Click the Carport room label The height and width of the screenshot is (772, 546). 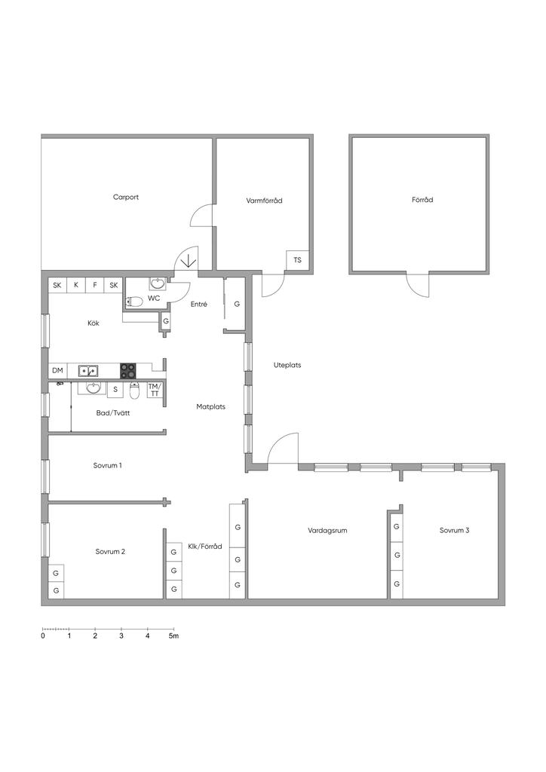[x=125, y=197]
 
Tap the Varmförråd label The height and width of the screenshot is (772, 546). [x=265, y=201]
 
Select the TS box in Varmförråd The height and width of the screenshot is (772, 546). [x=297, y=260]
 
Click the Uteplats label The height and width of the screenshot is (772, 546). [x=287, y=365]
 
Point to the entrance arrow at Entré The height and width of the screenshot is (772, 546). [x=188, y=259]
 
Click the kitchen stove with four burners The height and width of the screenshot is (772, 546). [x=128, y=370]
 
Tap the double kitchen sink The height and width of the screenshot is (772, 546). [x=88, y=370]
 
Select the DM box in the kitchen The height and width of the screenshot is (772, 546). [x=57, y=370]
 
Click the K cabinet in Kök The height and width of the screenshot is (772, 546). [x=76, y=285]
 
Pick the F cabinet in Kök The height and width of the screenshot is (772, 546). [x=94, y=285]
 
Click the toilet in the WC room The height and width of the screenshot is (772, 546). [x=134, y=301]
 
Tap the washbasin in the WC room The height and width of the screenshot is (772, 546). [x=158, y=283]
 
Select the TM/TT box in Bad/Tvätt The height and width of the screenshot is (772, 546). [x=154, y=390]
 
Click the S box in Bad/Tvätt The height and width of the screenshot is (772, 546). [x=115, y=389]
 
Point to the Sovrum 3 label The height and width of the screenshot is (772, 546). [x=454, y=530]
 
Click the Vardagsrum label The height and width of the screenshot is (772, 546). [x=327, y=530]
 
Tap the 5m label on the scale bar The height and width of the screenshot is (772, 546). [x=173, y=636]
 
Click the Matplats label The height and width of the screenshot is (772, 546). [x=210, y=406]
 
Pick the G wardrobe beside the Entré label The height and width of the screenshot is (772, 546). [x=237, y=305]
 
